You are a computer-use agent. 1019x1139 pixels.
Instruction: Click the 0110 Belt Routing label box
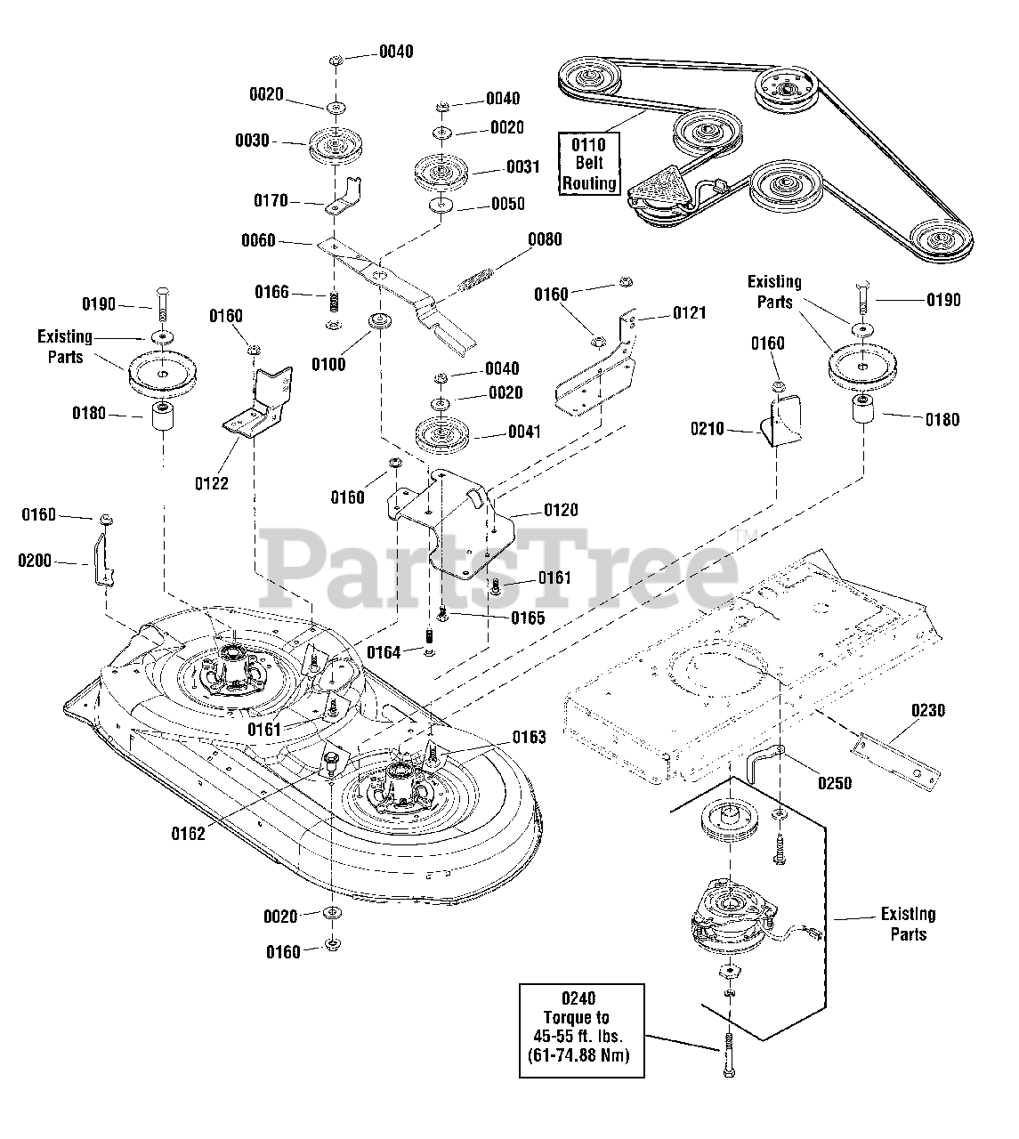(x=588, y=163)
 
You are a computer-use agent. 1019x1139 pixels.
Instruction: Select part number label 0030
(x=252, y=141)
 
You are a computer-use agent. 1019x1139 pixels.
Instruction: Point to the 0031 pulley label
(x=522, y=166)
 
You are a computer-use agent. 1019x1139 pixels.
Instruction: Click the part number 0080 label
(x=545, y=239)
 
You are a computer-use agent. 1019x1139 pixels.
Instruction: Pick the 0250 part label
(x=833, y=783)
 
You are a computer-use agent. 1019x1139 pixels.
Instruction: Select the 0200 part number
(x=35, y=561)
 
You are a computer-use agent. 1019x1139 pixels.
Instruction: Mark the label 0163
(x=529, y=737)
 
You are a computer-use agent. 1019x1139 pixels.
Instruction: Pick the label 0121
(x=689, y=312)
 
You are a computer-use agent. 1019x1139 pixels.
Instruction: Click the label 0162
(x=188, y=834)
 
